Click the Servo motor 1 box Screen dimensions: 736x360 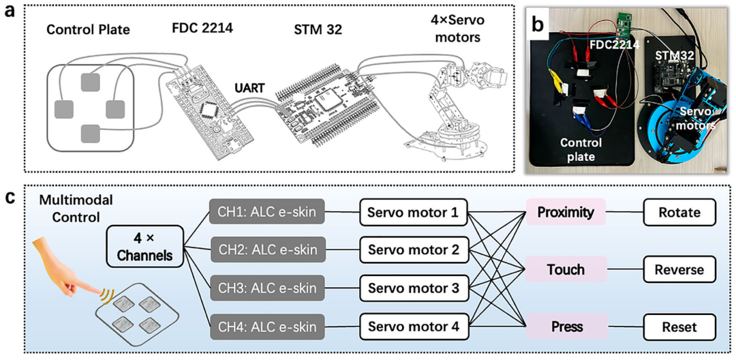click(x=415, y=212)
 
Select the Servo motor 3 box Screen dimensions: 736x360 click(x=415, y=288)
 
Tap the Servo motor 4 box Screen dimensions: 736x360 click(x=415, y=326)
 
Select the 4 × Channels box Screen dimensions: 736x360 click(x=144, y=247)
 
